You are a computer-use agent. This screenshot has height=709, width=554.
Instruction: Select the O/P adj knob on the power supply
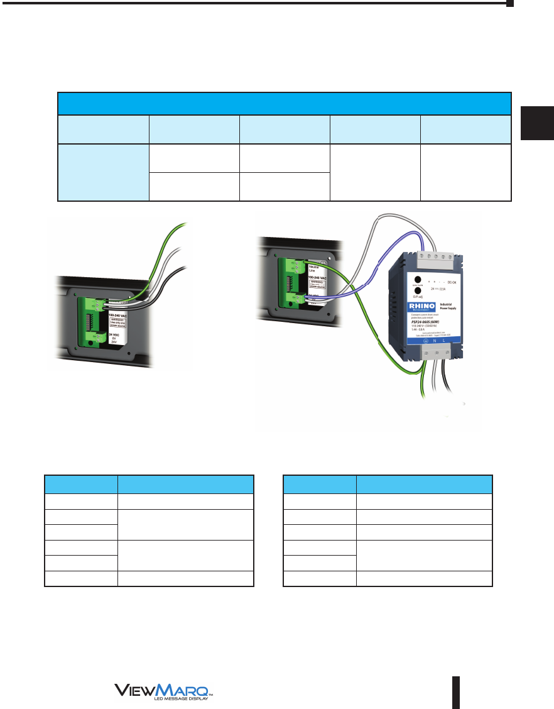pyautogui.click(x=417, y=307)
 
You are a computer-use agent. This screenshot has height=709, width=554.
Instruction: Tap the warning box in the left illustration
pyautogui.click(x=119, y=323)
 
